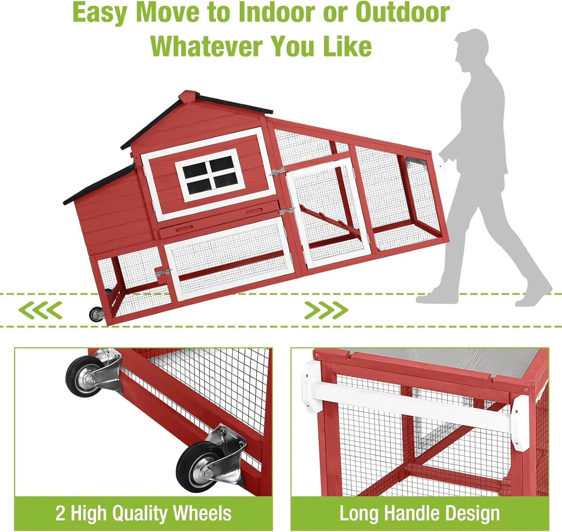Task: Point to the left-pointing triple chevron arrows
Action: click(x=40, y=310)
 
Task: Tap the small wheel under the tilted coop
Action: click(x=96, y=314)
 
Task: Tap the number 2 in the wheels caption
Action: click(x=60, y=513)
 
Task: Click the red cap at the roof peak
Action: click(x=188, y=96)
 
